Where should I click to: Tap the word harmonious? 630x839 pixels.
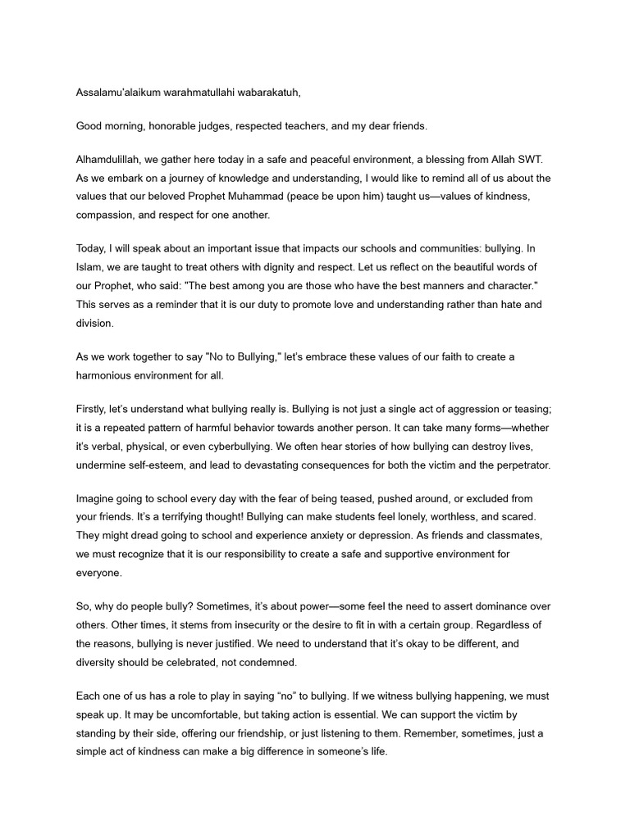[109, 374]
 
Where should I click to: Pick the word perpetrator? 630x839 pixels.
[514, 465]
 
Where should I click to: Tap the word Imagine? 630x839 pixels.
[97, 499]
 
